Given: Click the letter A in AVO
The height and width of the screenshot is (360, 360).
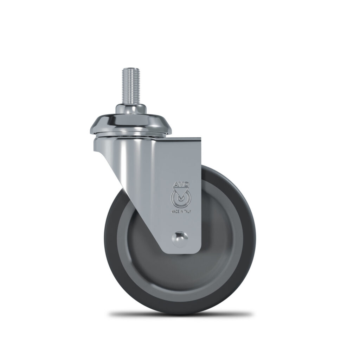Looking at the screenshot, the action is tap(175, 184).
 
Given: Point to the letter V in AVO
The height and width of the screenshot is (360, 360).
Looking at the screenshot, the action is tap(180, 184).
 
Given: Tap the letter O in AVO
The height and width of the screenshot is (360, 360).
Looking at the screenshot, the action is tap(186, 184).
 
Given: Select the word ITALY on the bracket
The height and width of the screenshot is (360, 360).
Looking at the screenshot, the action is tap(187, 212).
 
